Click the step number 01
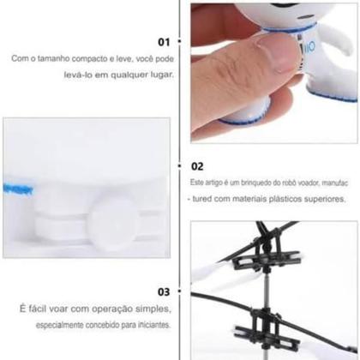164,41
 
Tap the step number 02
196,166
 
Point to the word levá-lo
84,74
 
